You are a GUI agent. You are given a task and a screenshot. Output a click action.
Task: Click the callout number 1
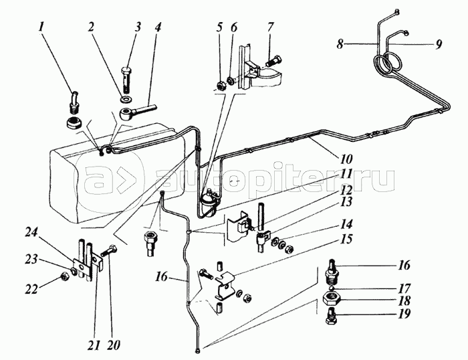[41, 28]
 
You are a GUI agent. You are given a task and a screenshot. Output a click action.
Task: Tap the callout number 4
[158, 28]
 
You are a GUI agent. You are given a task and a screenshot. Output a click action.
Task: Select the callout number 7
[271, 28]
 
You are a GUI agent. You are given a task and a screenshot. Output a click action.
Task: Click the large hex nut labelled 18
[329, 298]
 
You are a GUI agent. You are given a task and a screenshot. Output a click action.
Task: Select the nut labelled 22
[65, 273]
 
